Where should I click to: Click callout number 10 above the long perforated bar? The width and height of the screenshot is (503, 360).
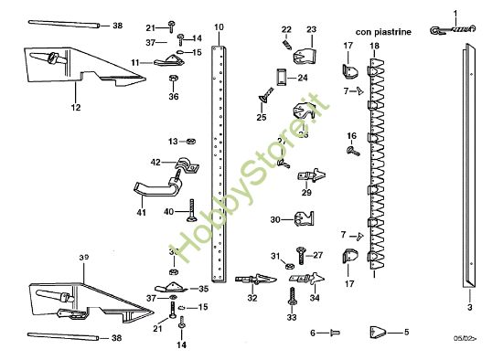coord(219,27)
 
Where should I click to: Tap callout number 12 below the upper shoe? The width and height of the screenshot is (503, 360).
coord(75,108)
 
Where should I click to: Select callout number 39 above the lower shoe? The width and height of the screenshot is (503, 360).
coord(83,258)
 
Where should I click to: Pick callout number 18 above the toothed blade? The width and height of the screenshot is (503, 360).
coord(373,45)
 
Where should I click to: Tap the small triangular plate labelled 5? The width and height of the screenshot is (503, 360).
coord(379,332)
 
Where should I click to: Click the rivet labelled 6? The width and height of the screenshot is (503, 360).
coord(333,333)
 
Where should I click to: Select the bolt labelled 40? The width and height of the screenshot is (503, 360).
coord(191,212)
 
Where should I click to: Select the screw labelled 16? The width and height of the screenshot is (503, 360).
coord(352,150)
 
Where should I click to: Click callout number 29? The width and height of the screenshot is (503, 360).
coord(306,192)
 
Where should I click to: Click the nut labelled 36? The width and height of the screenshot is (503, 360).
coord(174,80)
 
